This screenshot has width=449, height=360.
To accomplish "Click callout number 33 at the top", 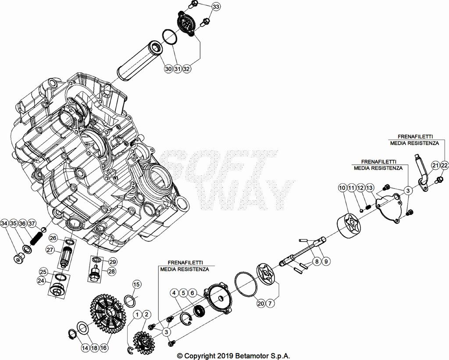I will click(x=217, y=7).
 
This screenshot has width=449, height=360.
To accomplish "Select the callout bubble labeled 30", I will click(x=168, y=69).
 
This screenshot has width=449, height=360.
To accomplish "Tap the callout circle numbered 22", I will click(x=444, y=165).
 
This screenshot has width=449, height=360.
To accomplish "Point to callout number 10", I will click(x=342, y=188).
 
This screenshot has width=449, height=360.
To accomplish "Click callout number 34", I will click(x=4, y=224).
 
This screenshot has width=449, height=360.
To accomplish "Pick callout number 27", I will click(x=50, y=250).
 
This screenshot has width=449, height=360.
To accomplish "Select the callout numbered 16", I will click(x=103, y=348).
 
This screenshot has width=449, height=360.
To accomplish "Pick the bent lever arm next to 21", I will click(x=421, y=171).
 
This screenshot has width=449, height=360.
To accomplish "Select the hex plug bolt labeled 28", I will click(x=94, y=275).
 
